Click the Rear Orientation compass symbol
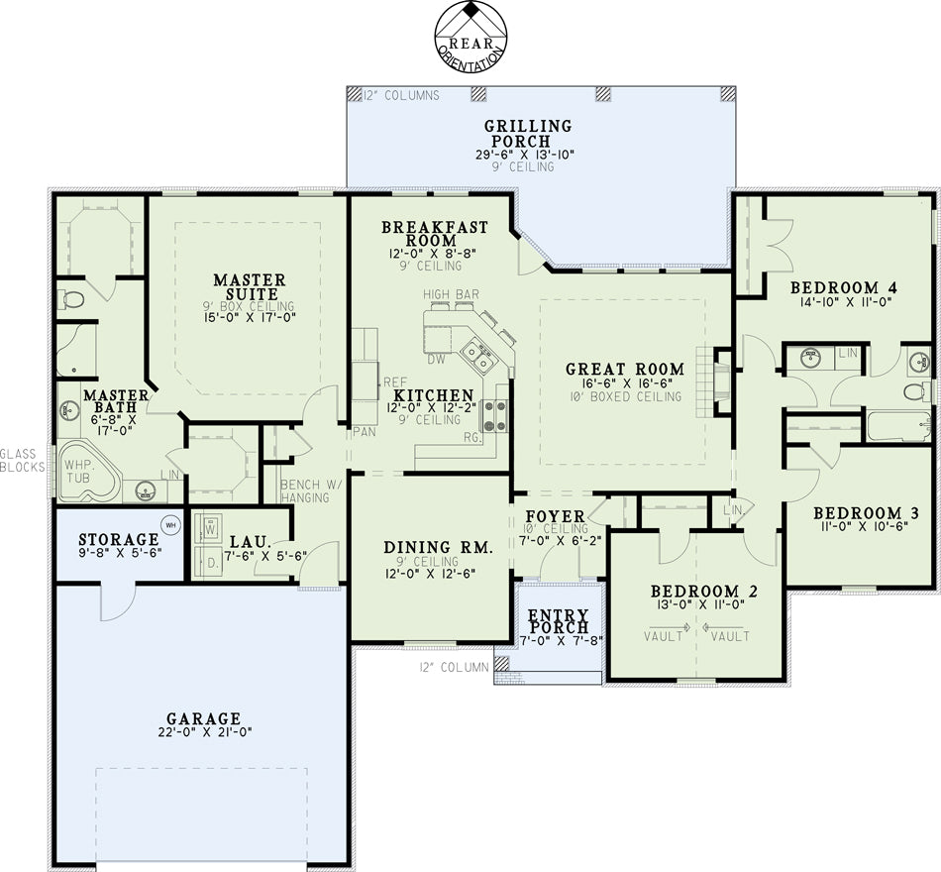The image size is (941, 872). click(x=471, y=38)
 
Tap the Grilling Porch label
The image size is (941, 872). click(x=528, y=134)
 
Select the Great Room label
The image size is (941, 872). click(x=625, y=369)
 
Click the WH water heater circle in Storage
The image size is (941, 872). click(x=171, y=525)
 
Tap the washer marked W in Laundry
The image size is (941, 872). click(x=209, y=530)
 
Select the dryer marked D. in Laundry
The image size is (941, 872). click(x=209, y=563)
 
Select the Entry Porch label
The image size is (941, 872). click(x=558, y=621)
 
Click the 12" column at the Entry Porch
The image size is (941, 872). click(x=502, y=663)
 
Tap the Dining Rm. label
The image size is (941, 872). click(x=438, y=547)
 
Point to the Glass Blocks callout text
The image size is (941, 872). click(x=22, y=460)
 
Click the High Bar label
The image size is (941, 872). click(x=452, y=294)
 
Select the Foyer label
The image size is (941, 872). click(x=555, y=516)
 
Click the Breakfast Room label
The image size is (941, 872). click(x=435, y=234)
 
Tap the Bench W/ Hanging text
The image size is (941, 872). click(x=305, y=490)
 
